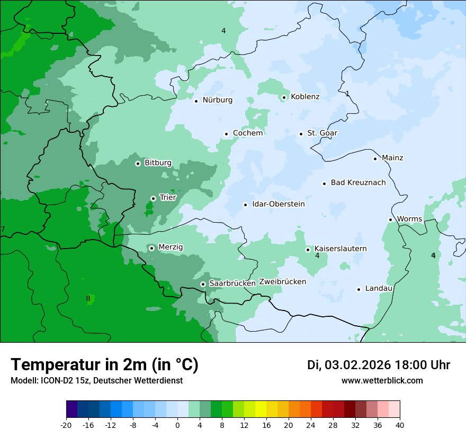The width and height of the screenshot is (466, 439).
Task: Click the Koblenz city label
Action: (305, 97)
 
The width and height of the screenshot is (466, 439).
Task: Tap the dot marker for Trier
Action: (153, 198)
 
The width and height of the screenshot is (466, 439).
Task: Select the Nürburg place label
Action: (217, 100)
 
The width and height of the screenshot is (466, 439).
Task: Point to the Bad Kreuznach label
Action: (358, 183)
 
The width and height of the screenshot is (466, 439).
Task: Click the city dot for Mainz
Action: (375, 159)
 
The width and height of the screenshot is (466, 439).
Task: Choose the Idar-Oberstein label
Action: (279, 204)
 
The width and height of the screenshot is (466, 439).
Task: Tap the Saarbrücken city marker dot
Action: (203, 284)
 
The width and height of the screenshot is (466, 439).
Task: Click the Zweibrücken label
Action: (282, 282)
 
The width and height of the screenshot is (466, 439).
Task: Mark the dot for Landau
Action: (359, 289)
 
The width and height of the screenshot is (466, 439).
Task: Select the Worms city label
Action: (409, 219)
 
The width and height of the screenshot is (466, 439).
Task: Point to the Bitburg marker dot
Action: (138, 163)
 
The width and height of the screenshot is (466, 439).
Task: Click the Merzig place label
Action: (171, 248)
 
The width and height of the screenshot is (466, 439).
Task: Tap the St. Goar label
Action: (322, 133)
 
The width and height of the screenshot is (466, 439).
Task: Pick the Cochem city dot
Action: (226, 134)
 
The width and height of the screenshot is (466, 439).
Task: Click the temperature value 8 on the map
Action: (88, 298)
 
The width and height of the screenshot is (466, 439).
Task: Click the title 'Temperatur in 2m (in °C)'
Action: (104, 365)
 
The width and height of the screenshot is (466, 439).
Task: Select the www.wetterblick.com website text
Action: (382, 381)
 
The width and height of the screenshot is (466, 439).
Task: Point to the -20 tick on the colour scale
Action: (66, 425)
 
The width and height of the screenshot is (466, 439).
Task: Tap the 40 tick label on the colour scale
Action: (400, 425)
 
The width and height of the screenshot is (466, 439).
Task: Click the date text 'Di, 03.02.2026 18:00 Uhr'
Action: (379, 365)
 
